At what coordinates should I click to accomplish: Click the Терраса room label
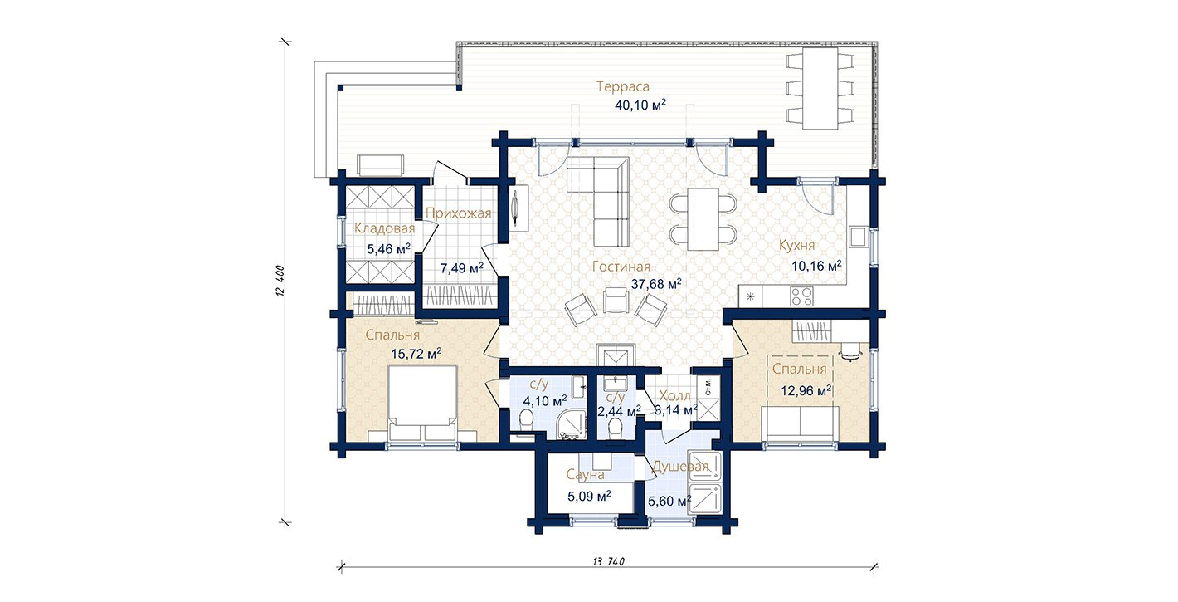pyautogui.click(x=623, y=87)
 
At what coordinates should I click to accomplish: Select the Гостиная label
pyautogui.click(x=621, y=267)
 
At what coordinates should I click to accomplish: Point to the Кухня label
pyautogui.click(x=796, y=246)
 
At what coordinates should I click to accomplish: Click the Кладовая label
pyautogui.click(x=384, y=228)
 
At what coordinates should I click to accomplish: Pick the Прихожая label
pyautogui.click(x=459, y=213)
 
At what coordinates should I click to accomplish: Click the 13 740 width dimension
pyautogui.click(x=608, y=561)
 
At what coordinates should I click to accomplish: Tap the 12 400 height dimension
pyautogui.click(x=280, y=281)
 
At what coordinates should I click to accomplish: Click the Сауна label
pyautogui.click(x=585, y=475)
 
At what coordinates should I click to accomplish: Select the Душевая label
pyautogui.click(x=680, y=467)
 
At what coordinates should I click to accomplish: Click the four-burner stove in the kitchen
pyautogui.click(x=802, y=296)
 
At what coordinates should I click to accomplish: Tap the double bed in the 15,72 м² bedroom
pyautogui.click(x=422, y=403)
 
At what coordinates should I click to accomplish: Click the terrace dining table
pyautogui.click(x=820, y=88)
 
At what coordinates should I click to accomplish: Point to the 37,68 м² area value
pyautogui.click(x=656, y=284)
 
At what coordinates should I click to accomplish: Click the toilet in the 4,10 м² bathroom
pyautogui.click(x=525, y=420)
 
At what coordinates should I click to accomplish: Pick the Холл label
pyautogui.click(x=674, y=396)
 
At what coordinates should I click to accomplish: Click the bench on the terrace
pyautogui.click(x=380, y=164)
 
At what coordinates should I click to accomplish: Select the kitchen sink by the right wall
pyautogui.click(x=859, y=237)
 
